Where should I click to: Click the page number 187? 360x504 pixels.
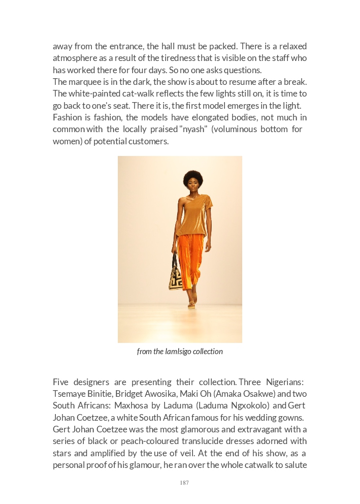click(184, 483)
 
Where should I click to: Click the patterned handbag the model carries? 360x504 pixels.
click(176, 276)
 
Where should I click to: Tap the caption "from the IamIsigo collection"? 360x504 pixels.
click(180, 351)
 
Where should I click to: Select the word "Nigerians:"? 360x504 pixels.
click(285, 382)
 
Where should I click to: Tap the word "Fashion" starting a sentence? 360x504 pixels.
click(68, 117)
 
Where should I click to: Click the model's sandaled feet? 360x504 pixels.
click(192, 303)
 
